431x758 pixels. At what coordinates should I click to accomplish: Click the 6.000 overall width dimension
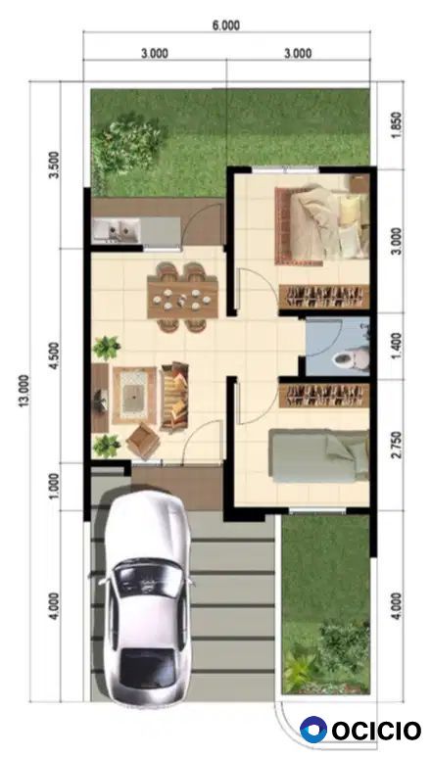coord(226,25)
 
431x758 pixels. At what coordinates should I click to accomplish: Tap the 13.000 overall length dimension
coord(24,391)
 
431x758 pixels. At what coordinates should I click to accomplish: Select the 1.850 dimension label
coord(396,124)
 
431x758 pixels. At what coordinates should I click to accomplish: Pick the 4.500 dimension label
coord(54,355)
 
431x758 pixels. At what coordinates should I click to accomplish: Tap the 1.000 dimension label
coord(54,486)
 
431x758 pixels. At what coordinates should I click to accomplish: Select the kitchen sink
coord(117,229)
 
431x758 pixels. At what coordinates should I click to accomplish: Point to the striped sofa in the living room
coord(174,396)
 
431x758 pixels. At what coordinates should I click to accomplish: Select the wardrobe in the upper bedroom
coord(324,297)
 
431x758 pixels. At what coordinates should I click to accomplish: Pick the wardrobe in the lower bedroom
coord(324,396)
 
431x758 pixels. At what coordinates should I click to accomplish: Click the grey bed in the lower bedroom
coord(318,455)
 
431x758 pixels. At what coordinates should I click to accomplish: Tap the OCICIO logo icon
coord(313,730)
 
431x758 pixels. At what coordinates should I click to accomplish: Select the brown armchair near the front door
coord(143,441)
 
